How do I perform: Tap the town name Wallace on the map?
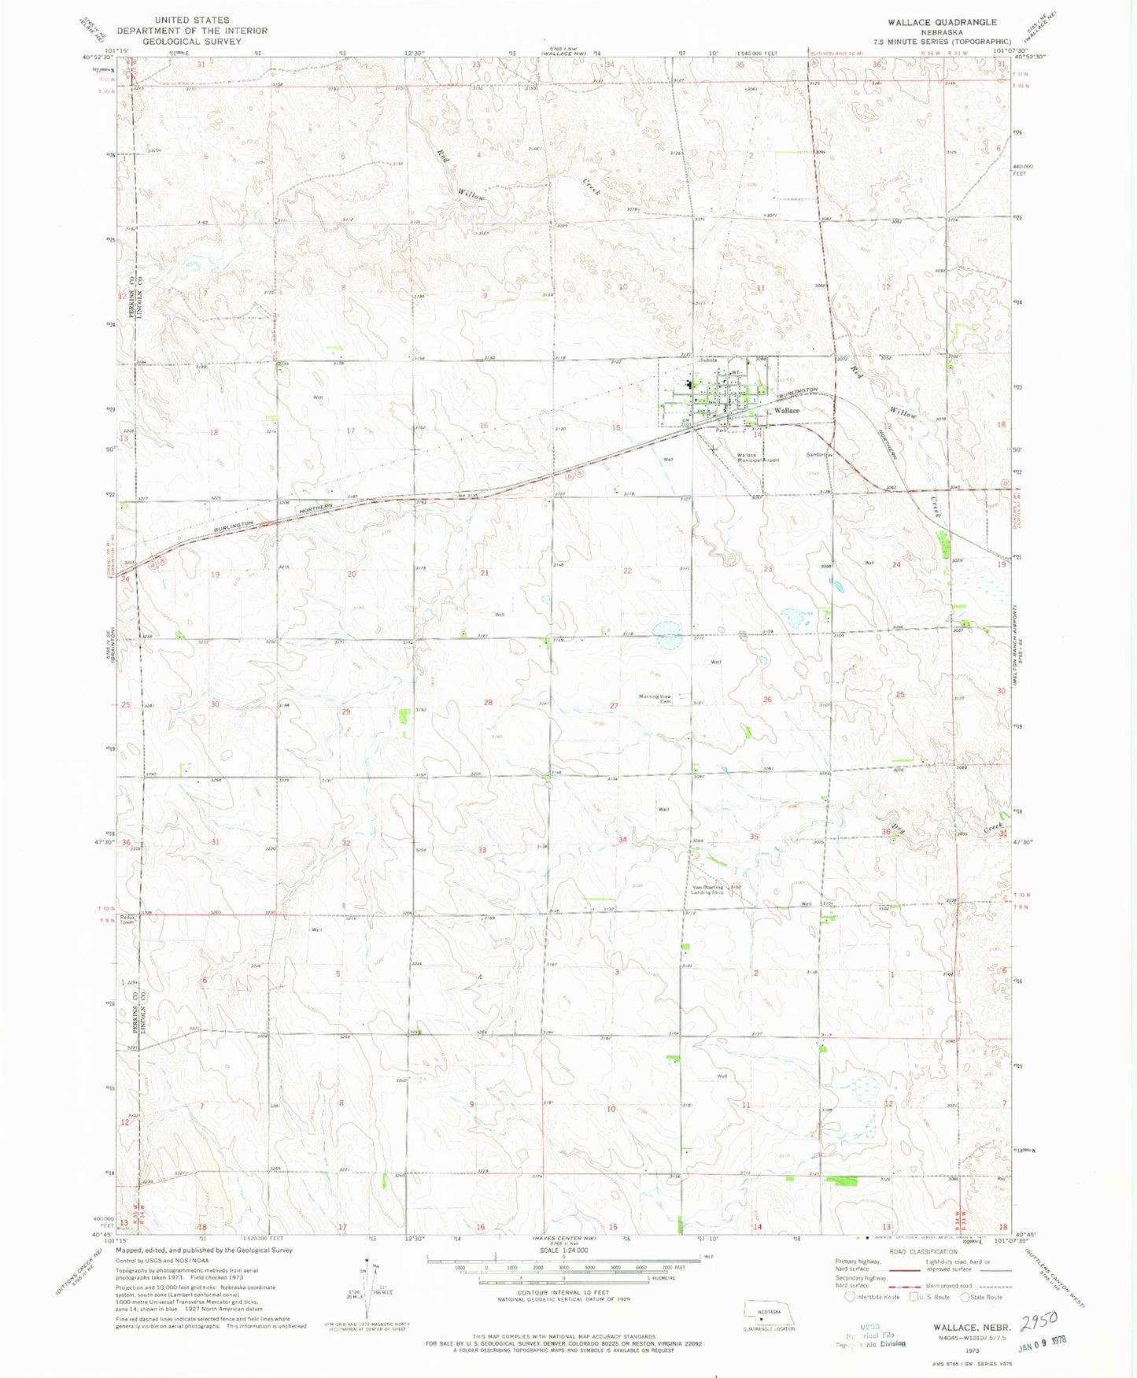pos(786,411)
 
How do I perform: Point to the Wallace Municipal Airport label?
pos(757,457)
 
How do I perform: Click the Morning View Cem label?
pos(655,698)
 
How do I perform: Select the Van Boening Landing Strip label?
pos(707,890)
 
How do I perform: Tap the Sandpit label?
pos(816,454)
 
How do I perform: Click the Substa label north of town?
pos(708,360)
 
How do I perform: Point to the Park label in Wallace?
pos(722,430)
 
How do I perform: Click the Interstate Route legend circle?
pos(849,1297)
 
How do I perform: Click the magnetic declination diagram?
pos(365,1291)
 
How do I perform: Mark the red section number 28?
pos(488,702)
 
